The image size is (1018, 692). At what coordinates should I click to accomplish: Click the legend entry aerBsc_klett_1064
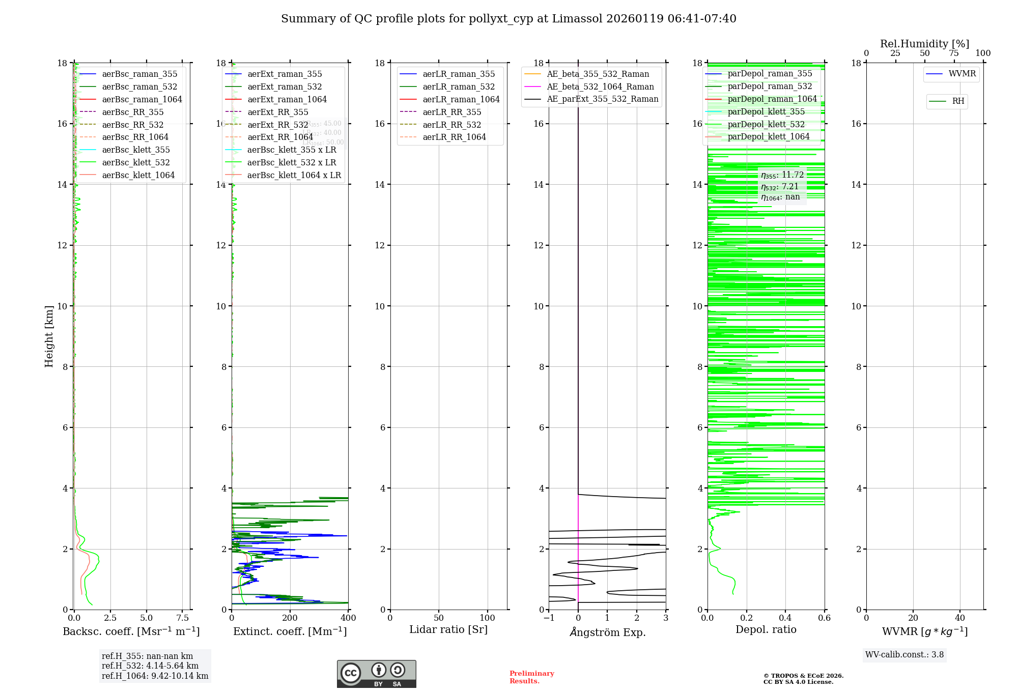[138, 175]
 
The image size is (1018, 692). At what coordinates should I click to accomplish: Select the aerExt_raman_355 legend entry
[285, 74]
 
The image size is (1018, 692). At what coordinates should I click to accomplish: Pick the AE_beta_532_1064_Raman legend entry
[600, 86]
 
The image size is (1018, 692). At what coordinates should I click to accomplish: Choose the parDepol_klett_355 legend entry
[766, 111]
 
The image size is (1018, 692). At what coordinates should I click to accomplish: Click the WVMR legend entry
[962, 74]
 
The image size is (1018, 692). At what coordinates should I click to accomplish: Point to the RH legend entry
[958, 101]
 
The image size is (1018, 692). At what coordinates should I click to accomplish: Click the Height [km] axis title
[49, 336]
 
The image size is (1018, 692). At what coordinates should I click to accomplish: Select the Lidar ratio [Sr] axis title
[448, 629]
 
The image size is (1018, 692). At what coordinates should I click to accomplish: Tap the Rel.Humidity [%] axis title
[924, 44]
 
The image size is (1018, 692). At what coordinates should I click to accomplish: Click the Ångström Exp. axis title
[607, 632]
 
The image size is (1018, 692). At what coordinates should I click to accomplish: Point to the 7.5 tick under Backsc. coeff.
[183, 618]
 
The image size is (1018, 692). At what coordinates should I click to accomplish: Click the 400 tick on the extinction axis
[348, 618]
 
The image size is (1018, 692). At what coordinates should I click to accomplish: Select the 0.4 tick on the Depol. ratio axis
[785, 618]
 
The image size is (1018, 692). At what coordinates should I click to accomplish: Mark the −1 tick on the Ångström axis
[549, 618]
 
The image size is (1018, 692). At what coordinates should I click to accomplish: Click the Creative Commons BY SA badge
[376, 674]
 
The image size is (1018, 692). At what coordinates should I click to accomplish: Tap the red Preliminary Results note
[531, 677]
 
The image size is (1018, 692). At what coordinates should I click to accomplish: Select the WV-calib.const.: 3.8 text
[904, 655]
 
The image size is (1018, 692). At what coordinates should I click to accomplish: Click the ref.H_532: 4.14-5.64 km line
[150, 666]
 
